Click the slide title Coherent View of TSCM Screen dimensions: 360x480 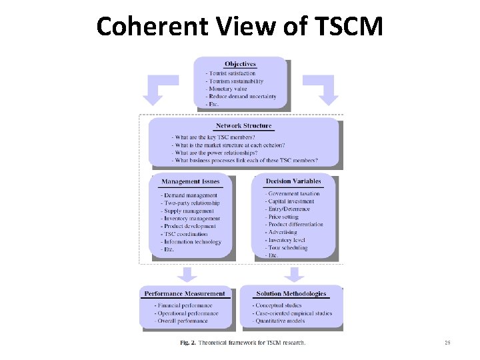[x=240, y=27]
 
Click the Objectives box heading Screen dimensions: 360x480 [x=240, y=64]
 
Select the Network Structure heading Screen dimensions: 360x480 [x=243, y=125]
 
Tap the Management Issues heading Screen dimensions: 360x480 [x=190, y=181]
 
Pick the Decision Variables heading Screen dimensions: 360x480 [x=293, y=181]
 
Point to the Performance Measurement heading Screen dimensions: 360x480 [x=185, y=293]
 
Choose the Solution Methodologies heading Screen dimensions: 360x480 [x=292, y=293]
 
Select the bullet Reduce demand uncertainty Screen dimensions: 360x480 [x=243, y=97]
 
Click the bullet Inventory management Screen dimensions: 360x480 [x=191, y=219]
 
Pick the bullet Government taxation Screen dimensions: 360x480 [x=293, y=193]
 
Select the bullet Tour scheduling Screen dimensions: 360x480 [x=288, y=248]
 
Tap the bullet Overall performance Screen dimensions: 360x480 [x=182, y=321]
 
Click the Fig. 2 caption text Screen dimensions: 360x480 [x=243, y=343]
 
